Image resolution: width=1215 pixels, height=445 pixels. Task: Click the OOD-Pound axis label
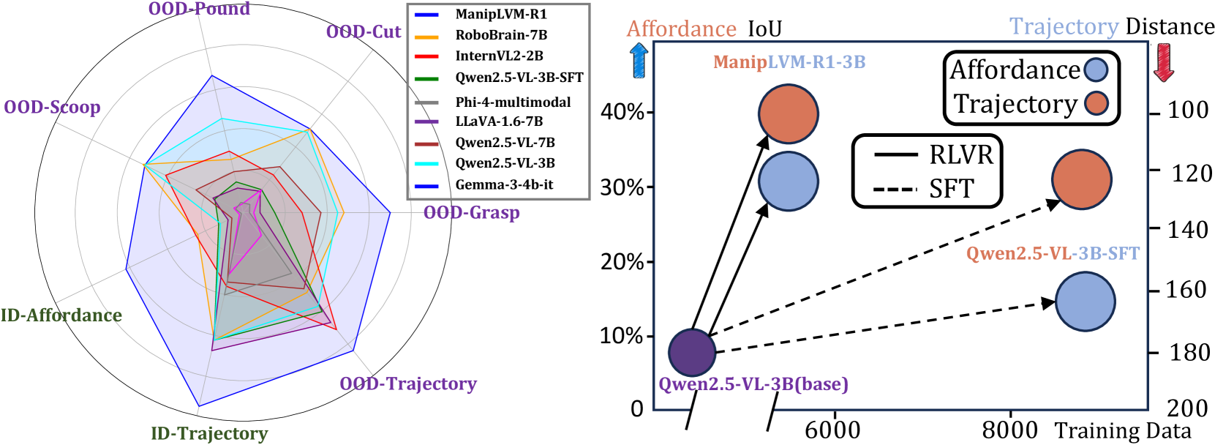coord(199,9)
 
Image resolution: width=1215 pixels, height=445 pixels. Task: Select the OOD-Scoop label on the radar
coord(52,107)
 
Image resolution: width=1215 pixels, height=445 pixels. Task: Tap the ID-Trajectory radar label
coord(209,433)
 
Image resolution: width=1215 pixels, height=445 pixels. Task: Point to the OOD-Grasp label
coord(471,212)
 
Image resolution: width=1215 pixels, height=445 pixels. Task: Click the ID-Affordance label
coord(61,315)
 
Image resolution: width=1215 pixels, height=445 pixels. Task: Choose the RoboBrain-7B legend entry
coord(501,35)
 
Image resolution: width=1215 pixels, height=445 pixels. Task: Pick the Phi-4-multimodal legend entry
coord(513,102)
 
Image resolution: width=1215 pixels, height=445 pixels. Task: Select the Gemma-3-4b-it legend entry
coord(504,184)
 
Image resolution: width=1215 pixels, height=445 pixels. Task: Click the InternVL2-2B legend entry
coord(499,56)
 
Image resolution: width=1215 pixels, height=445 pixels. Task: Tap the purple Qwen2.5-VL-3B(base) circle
coord(692,352)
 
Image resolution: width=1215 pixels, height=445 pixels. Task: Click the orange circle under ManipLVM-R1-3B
coord(789,113)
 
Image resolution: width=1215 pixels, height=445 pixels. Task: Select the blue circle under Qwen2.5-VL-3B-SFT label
coord(1086,301)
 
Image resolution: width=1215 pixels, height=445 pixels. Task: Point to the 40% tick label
coord(622,112)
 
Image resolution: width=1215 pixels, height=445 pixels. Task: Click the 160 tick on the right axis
coord(1186,290)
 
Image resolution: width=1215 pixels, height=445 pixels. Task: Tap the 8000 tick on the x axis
coord(1009,430)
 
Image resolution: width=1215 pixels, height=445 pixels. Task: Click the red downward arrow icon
coord(1163,61)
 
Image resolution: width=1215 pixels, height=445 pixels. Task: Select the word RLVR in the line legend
coord(961,155)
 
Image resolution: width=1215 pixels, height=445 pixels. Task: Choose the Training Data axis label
coord(1123,430)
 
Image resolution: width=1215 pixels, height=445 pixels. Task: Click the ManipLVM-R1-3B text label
coord(789,62)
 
